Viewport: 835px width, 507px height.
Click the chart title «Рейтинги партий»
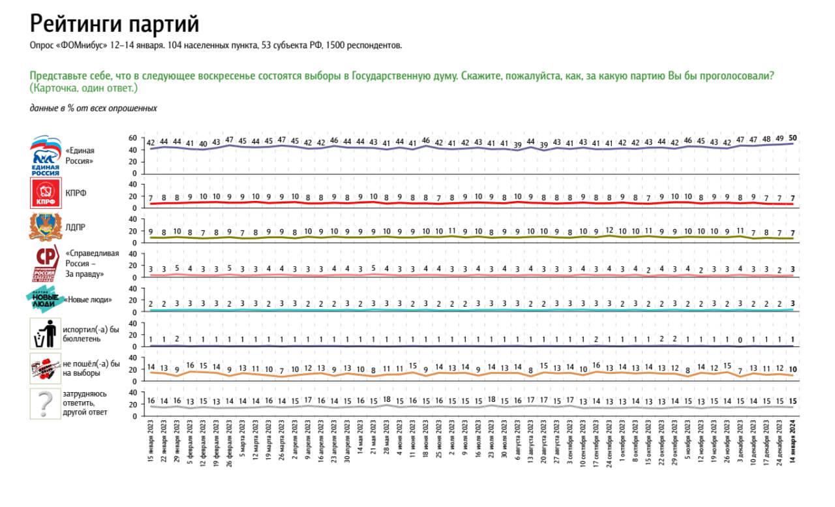pyautogui.click(x=114, y=24)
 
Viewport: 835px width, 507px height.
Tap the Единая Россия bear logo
pyautogui.click(x=46, y=156)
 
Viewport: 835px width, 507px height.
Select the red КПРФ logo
pyautogui.click(x=46, y=193)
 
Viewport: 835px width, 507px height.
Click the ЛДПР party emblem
pyautogui.click(x=46, y=227)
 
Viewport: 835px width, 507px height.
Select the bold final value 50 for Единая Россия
pyautogui.click(x=792, y=138)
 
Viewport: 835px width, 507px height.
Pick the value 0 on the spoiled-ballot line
pyautogui.click(x=740, y=340)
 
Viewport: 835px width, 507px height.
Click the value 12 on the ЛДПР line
pyautogui.click(x=609, y=230)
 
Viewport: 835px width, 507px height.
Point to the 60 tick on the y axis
pyautogui.click(x=133, y=138)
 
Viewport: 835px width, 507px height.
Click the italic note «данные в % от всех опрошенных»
pyautogui.click(x=93, y=108)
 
